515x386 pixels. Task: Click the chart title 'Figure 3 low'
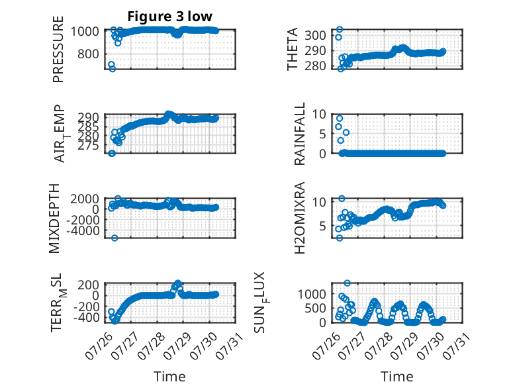170,16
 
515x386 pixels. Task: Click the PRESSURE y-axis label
58,49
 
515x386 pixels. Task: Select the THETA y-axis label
292,49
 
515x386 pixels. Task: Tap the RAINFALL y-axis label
300,134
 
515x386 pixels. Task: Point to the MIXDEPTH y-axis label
54,218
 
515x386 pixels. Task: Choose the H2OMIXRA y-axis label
300,218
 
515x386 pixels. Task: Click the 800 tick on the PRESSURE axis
88,54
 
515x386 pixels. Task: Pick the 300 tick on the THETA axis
315,35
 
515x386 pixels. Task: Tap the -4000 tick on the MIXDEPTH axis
83,231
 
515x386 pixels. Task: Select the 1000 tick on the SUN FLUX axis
312,294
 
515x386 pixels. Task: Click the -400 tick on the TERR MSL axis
86,318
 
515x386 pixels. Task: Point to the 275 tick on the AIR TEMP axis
88,145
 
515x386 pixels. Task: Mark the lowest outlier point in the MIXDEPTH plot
115,238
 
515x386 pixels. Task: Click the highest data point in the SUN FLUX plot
347,283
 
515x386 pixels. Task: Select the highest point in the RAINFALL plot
340,119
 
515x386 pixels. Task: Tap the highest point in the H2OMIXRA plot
342,199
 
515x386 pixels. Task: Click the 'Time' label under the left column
170,377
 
